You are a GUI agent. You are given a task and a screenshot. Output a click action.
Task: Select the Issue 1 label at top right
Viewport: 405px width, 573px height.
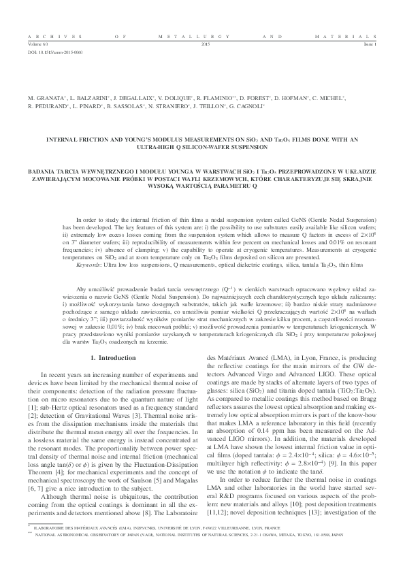(x=370, y=43)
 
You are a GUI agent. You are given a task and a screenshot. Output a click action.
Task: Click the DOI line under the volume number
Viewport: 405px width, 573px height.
(x=46, y=51)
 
